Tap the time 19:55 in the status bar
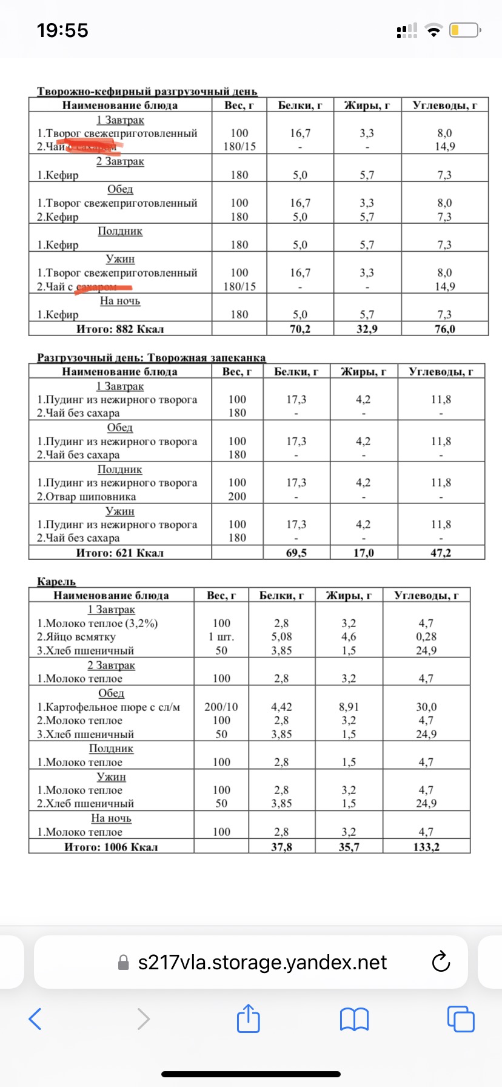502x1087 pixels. coord(62,30)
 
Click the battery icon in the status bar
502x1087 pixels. coord(465,30)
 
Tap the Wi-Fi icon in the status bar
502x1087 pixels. coord(433,30)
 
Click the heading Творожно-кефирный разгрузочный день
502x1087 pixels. coord(147,92)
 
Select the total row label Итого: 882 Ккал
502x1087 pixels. coord(120,329)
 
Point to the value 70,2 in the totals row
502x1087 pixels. coord(300,329)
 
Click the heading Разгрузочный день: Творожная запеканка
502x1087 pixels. coord(152,358)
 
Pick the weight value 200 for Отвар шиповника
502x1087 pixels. coord(237,496)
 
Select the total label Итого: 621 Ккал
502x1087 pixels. coord(120,553)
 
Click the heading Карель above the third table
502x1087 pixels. coord(56,582)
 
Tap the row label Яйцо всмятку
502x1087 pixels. coord(79,637)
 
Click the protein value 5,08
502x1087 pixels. coord(281,637)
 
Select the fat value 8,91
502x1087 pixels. coord(349,707)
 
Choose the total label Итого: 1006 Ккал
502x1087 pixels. coord(112,847)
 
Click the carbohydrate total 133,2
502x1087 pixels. coord(426,847)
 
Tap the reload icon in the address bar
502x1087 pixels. coord(440,962)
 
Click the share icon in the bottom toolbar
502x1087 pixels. coord(248,1018)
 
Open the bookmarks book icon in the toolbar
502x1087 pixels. coord(355,1019)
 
